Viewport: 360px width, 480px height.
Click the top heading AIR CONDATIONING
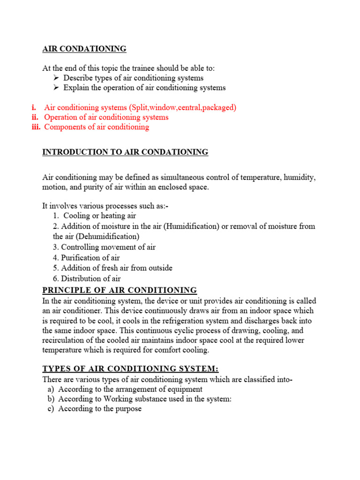pyautogui.click(x=84, y=49)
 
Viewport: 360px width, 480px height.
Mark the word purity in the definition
pyautogui.click(x=93, y=187)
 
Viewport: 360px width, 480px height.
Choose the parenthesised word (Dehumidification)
pyautogui.click(x=107, y=237)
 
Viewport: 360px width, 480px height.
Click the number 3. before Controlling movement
pyautogui.click(x=56, y=247)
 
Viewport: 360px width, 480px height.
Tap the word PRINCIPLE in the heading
pyautogui.click(x=66, y=290)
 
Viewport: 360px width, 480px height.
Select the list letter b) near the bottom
pyautogui.click(x=50, y=399)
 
